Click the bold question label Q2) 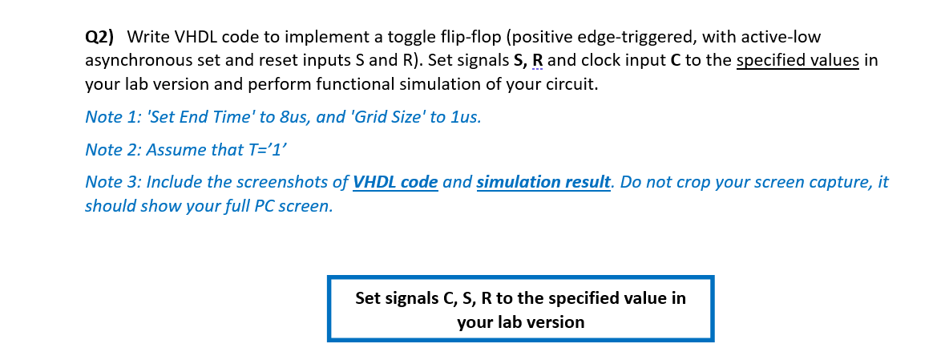(99, 38)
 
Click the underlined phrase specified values (798, 61)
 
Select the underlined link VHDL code (395, 182)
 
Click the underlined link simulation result (543, 182)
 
